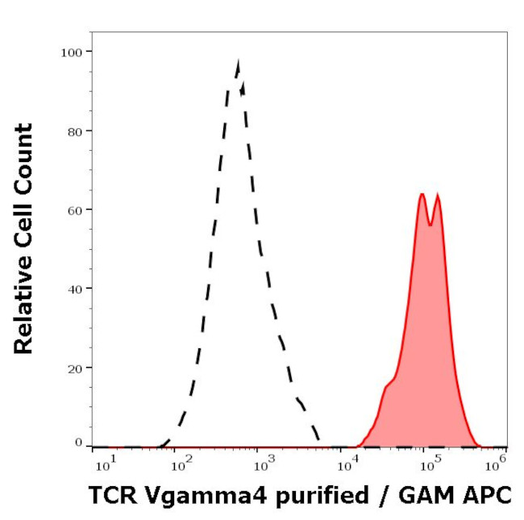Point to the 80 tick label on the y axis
pos(74,131)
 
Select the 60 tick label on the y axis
pos(74,210)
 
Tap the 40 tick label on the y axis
pos(74,289)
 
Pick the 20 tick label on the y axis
pos(74,368)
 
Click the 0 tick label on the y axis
pos(78,443)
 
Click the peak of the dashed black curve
pos(238,61)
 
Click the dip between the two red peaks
pos(430,224)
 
